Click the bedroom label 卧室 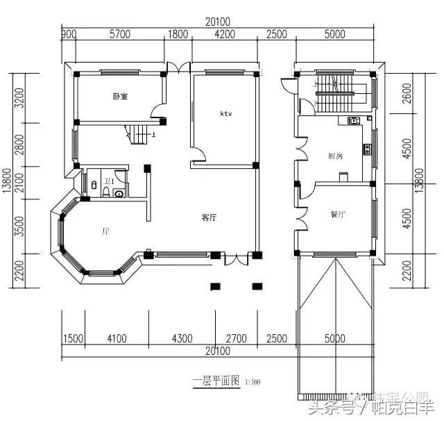[x=120, y=96]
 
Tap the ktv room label [x=226, y=113]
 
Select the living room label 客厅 [x=210, y=217]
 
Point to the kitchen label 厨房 [x=336, y=156]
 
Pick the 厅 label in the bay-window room [x=105, y=230]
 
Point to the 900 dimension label [x=68, y=34]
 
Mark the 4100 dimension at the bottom [x=117, y=339]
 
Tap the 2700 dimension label [x=236, y=339]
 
